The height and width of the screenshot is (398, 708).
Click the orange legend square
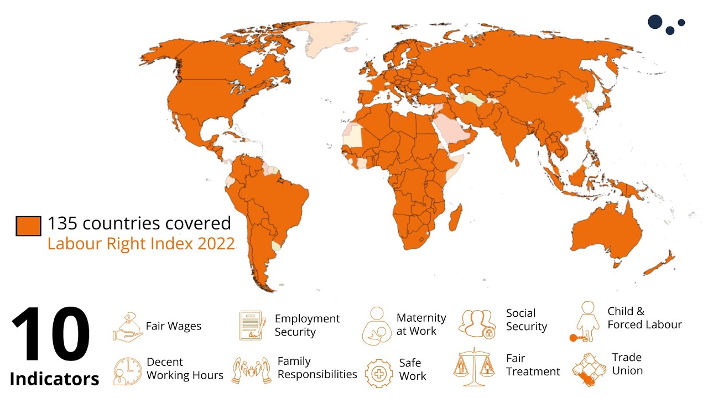[x=28, y=226]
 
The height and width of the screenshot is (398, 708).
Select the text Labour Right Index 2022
[x=141, y=244]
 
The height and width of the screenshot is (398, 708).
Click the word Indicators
[x=54, y=379]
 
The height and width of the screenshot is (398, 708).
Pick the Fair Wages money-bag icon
[x=127, y=326]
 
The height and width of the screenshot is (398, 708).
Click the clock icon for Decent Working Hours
[x=127, y=370]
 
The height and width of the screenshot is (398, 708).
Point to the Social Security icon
[x=476, y=323]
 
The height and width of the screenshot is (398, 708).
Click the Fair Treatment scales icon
[x=474, y=367]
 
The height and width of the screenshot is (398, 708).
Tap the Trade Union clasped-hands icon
[x=589, y=368]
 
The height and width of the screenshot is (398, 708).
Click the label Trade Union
[x=627, y=364]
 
